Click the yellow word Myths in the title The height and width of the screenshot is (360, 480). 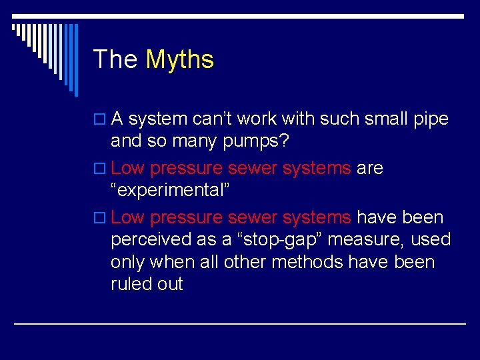click(180, 60)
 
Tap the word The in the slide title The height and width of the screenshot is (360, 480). click(115, 60)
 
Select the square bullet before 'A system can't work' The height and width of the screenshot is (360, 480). click(99, 119)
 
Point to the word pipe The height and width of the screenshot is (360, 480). click(430, 119)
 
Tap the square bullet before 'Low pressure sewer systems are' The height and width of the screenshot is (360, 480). click(99, 169)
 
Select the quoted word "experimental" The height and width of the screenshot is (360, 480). click(170, 190)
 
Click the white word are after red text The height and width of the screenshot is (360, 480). click(370, 168)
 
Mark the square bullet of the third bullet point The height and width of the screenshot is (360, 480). click(99, 218)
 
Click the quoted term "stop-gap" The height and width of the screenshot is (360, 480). click(280, 239)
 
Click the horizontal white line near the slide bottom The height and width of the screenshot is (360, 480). click(240, 323)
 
